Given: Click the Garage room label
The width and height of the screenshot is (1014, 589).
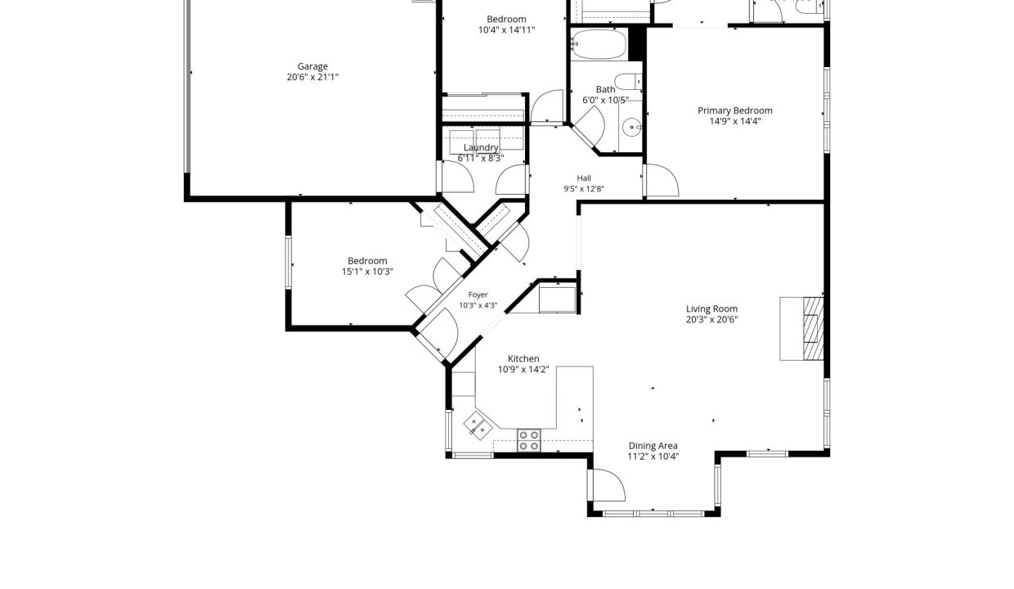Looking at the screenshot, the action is point(312,66).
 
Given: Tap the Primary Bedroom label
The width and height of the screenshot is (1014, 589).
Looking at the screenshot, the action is point(734,110).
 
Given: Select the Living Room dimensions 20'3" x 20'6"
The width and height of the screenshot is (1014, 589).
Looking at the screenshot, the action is point(711,320).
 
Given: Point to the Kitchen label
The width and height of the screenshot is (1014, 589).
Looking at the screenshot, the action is point(523,358).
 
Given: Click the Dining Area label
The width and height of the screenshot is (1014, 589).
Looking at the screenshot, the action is point(653,446).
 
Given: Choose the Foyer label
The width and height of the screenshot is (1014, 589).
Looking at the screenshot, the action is point(478,294).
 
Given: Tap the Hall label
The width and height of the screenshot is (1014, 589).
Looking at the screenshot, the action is point(584,178).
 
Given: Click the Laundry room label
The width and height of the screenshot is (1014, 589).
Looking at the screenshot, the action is point(481,147).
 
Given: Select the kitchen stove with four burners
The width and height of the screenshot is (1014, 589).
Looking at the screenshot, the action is point(529,440).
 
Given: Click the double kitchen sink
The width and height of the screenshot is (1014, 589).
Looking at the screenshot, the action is point(478,425).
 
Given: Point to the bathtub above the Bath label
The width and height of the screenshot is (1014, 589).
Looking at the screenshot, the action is point(599,44).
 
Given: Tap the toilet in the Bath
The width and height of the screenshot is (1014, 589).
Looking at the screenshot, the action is point(629,82).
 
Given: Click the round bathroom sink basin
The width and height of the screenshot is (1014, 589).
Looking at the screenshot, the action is point(631,128).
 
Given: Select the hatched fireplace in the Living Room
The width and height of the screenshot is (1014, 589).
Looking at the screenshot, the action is point(813,329).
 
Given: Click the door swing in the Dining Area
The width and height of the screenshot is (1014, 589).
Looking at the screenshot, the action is point(609,485).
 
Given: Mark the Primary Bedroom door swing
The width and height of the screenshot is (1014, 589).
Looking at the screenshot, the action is point(662,180).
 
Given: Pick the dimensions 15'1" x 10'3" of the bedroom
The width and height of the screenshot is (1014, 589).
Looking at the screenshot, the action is point(367,272).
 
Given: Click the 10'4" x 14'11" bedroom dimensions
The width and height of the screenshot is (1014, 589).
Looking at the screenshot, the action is point(506,30).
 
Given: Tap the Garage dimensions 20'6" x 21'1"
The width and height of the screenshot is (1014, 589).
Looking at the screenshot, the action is point(312,77).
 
